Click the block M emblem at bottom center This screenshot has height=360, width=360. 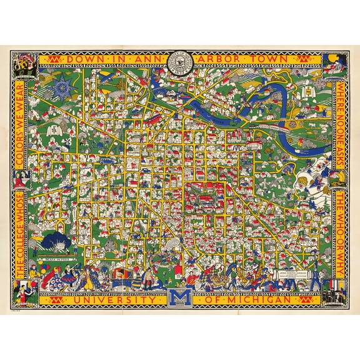(180, 299)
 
